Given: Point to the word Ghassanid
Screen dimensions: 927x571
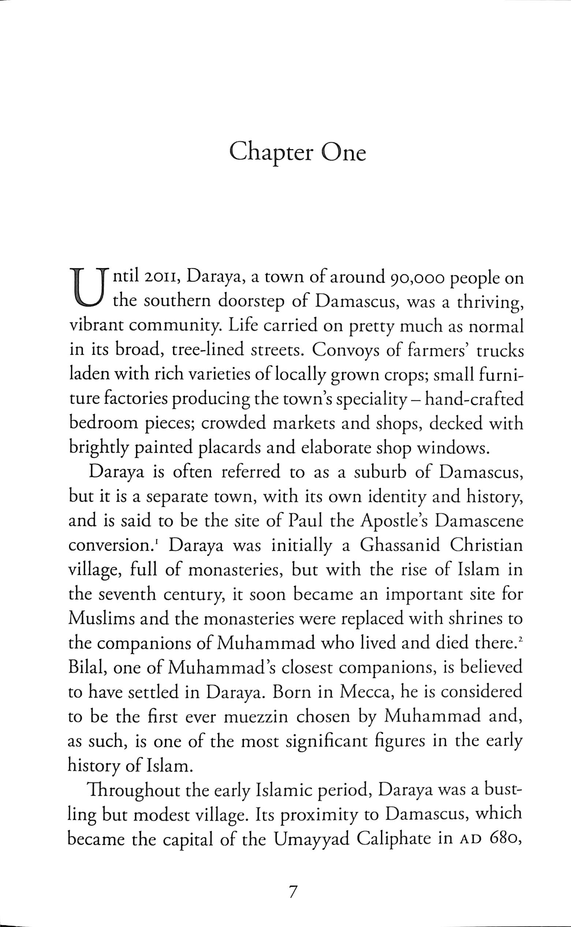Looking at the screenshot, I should pyautogui.click(x=400, y=546).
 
